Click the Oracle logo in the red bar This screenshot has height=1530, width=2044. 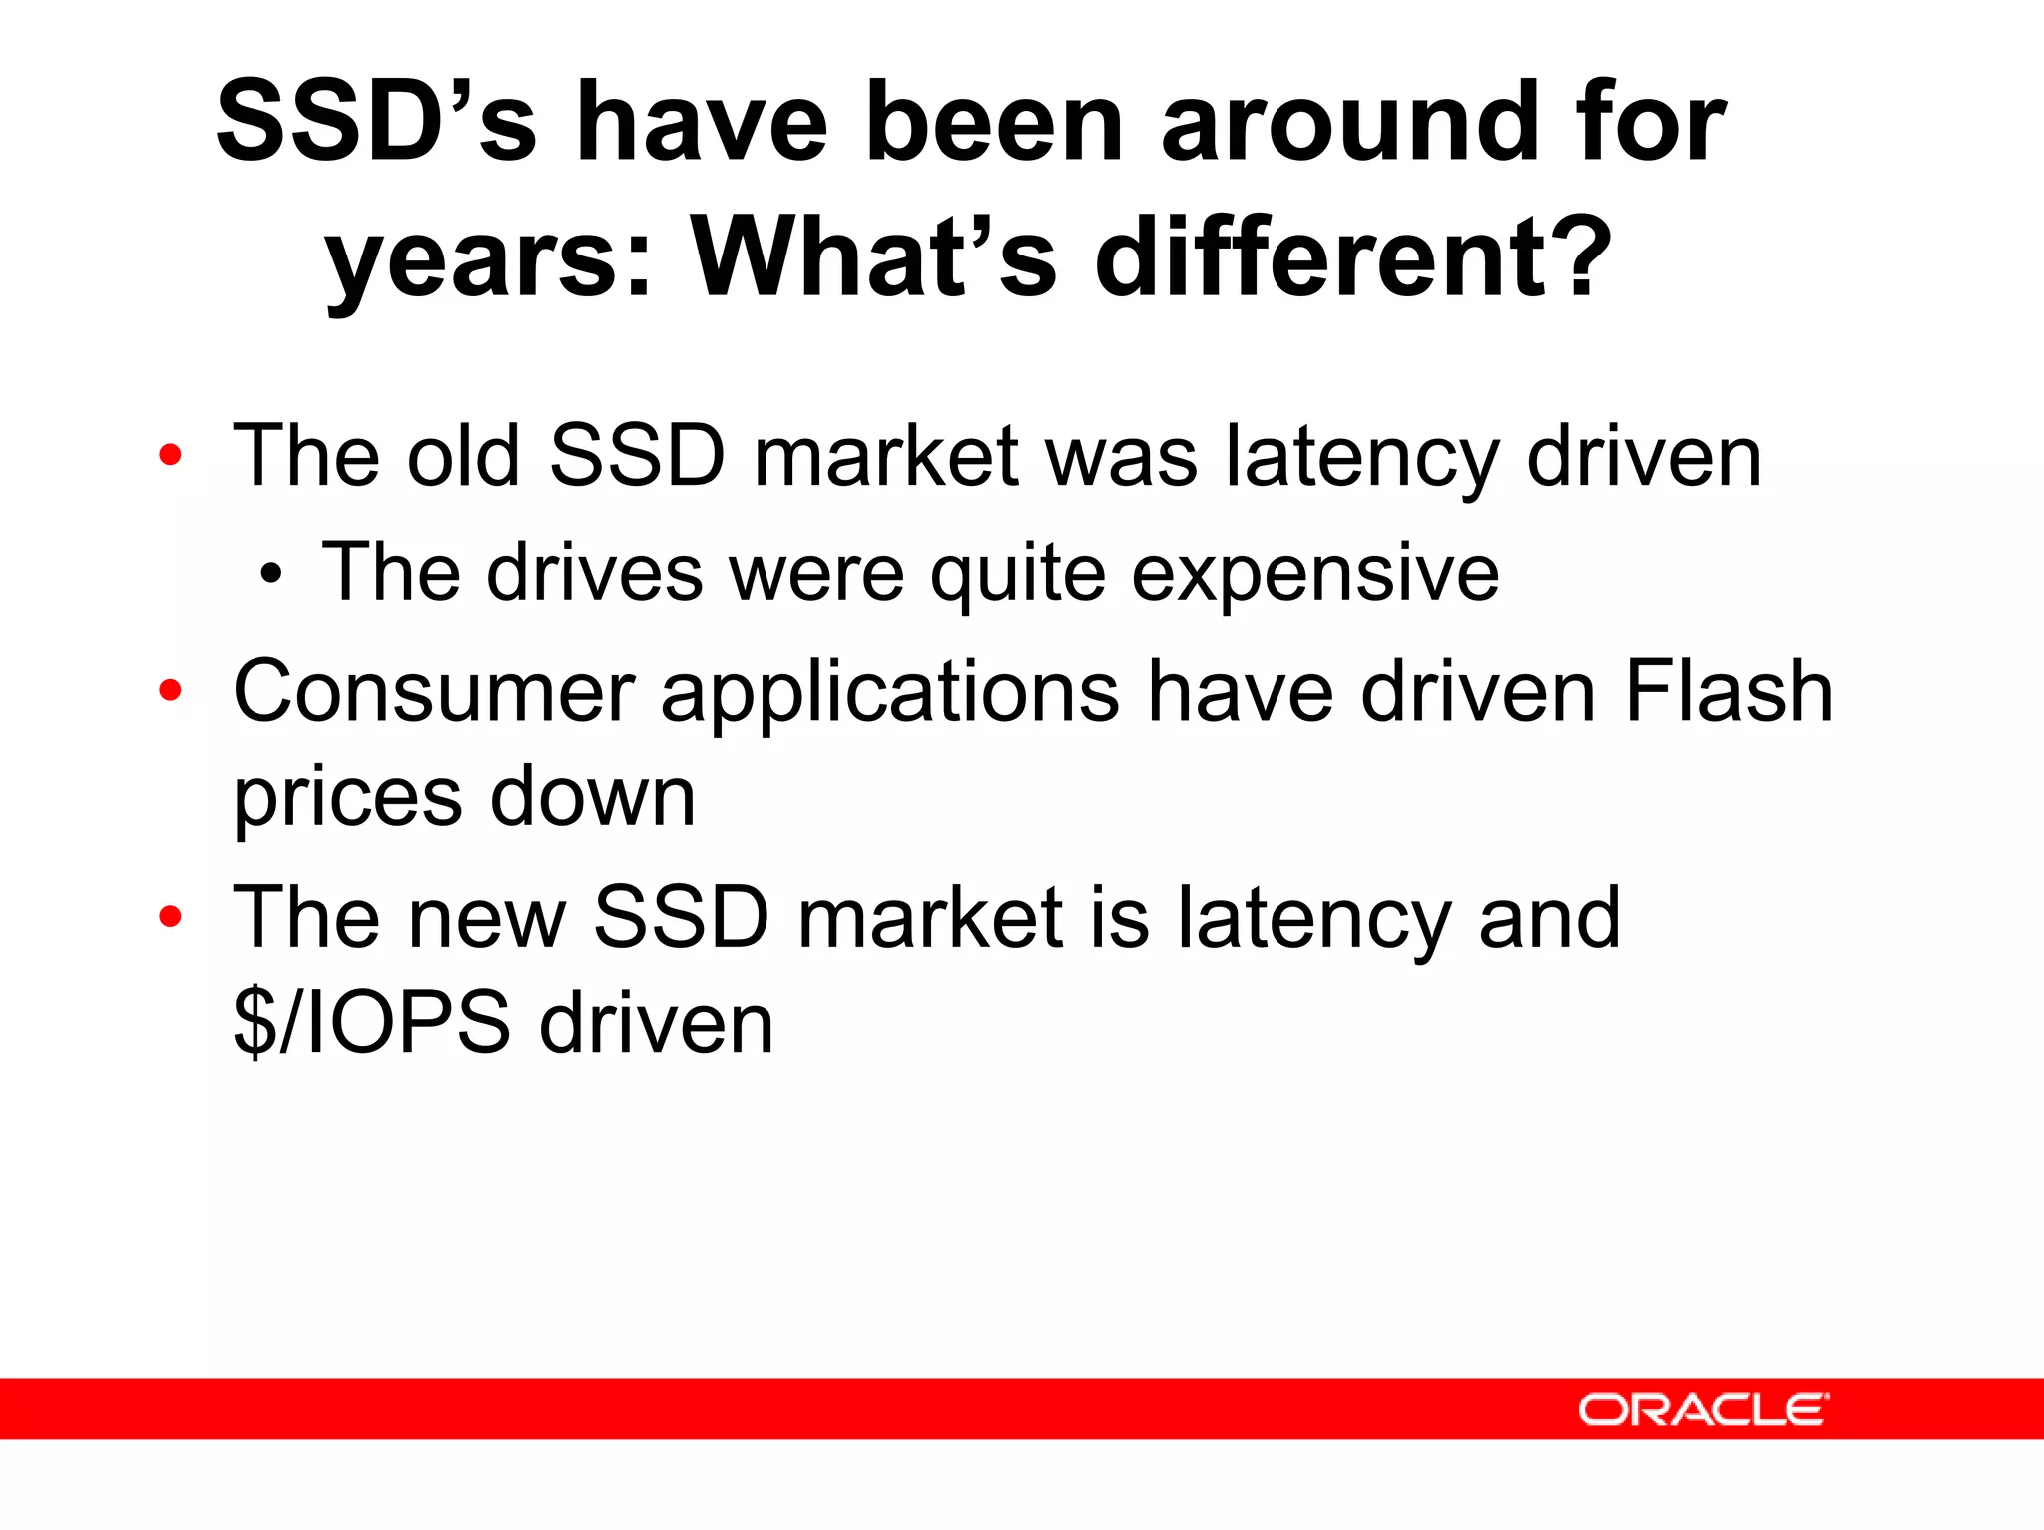coord(1703,1409)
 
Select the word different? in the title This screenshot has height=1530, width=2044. coord(1353,257)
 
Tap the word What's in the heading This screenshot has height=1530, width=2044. coord(873,257)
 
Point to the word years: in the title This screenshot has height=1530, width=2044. coord(488,261)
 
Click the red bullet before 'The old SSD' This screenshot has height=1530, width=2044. coord(170,456)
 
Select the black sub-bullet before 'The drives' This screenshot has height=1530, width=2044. coord(270,574)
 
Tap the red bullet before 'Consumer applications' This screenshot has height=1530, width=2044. coord(170,690)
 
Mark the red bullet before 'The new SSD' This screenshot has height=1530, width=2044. coord(170,916)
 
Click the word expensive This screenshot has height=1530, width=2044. coord(1314,574)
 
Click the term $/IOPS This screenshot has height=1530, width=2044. coord(371,1022)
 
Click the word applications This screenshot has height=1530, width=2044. coord(889,692)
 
